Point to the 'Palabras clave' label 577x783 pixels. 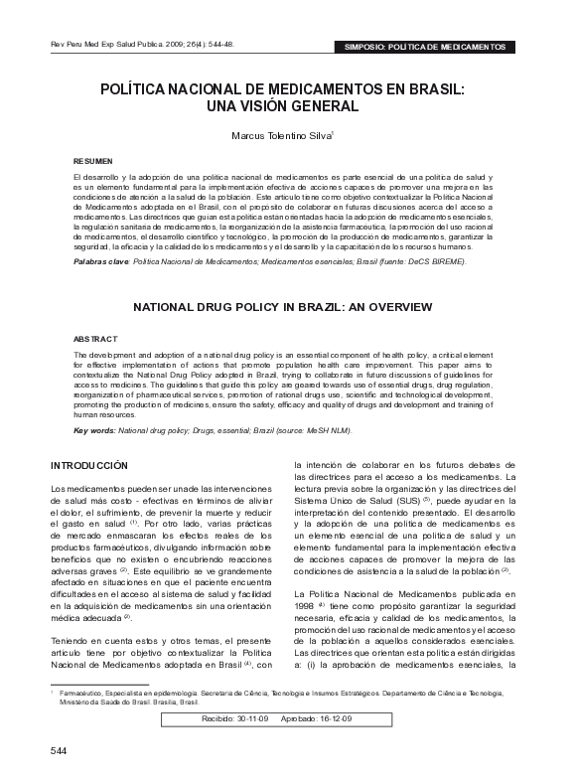point(101,259)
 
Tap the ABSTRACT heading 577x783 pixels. point(95,340)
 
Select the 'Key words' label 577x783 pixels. point(96,430)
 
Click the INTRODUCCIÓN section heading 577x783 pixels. point(89,465)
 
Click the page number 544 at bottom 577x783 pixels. point(59,750)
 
